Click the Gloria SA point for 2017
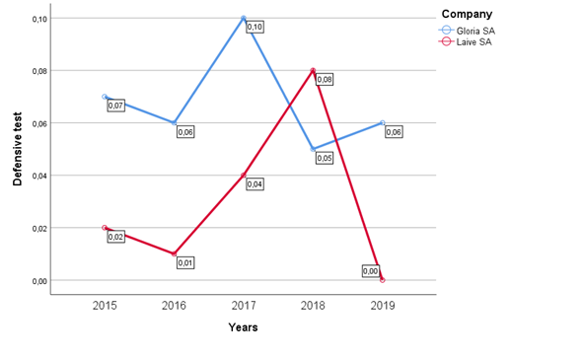[x=244, y=19]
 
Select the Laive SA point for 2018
[x=313, y=71]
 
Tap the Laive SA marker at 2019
[x=382, y=280]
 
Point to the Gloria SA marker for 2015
[x=105, y=98]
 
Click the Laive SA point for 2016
[x=174, y=254]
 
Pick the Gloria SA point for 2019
[x=382, y=123]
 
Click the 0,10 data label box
[x=255, y=27]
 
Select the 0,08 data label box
[x=324, y=79]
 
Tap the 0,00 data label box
[x=371, y=270]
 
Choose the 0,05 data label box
[x=324, y=158]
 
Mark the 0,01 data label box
[x=184, y=262]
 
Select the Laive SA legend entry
[x=467, y=41]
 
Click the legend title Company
[x=467, y=14]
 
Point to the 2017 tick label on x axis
[x=244, y=306]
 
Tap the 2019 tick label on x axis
[x=382, y=306]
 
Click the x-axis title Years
[x=243, y=327]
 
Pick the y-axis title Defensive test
[x=17, y=150]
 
